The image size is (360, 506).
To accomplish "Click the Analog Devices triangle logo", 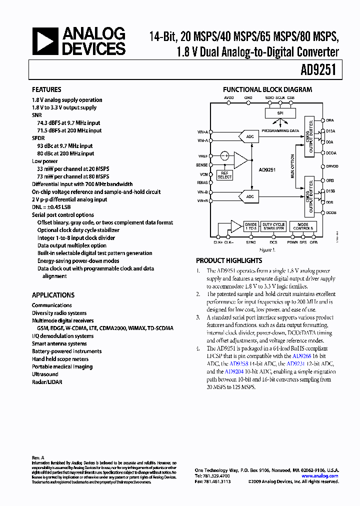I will [46, 41].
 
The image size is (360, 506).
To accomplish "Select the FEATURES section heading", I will [46, 89].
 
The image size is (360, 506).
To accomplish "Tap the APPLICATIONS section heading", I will [53, 295].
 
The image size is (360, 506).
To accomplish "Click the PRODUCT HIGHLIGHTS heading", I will [228, 260].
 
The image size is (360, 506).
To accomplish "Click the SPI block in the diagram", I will [280, 113].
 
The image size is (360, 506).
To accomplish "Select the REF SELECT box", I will [224, 174].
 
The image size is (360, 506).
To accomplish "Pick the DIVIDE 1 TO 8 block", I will [251, 226].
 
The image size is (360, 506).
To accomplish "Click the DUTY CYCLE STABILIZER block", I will [273, 226].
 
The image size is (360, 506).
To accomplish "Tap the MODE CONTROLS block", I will [303, 226].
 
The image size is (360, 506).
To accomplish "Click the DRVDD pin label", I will [332, 166].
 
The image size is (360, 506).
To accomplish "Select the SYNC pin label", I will [251, 242].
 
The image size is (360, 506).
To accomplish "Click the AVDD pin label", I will [228, 98].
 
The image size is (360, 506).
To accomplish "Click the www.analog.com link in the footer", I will [322, 476].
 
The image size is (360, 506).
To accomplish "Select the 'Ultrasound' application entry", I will [45, 374].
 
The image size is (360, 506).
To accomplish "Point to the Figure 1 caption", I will [267, 249].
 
